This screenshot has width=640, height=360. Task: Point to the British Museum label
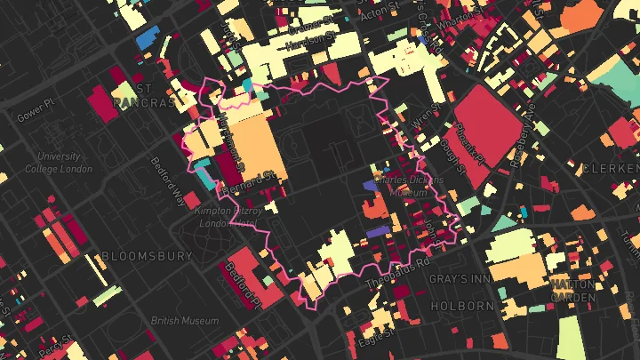(184, 321)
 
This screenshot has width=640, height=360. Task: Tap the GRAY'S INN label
(460, 279)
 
